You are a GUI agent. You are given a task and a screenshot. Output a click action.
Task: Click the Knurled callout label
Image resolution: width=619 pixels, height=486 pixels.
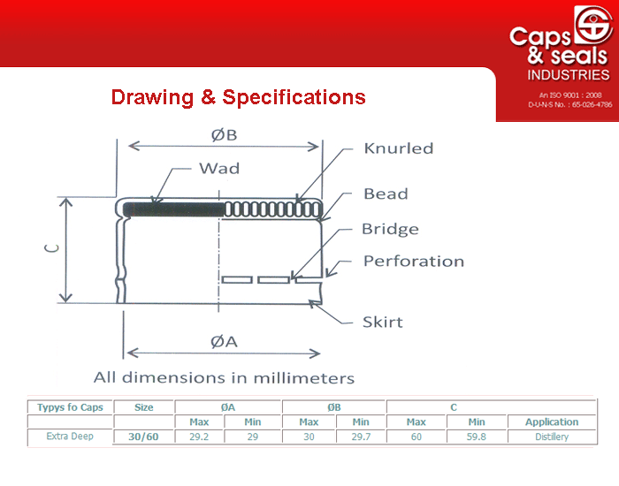click(x=398, y=148)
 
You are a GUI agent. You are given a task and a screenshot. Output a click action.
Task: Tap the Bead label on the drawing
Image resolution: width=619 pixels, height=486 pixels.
click(x=386, y=194)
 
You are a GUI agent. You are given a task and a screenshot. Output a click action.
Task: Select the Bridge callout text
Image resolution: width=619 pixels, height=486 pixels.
click(x=390, y=229)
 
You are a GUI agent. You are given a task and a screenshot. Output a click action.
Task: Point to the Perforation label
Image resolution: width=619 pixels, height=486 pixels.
click(x=413, y=262)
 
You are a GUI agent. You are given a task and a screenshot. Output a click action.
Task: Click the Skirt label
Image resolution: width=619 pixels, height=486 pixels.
click(x=383, y=322)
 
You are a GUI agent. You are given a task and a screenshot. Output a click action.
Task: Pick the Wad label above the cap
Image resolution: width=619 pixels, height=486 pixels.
click(x=219, y=169)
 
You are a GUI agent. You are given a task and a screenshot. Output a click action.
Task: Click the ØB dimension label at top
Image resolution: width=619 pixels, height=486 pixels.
click(x=224, y=135)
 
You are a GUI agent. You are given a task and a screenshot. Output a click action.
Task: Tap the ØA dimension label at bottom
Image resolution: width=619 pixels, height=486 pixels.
click(x=224, y=341)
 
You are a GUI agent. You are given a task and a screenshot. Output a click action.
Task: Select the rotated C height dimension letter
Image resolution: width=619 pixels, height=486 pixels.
click(x=51, y=248)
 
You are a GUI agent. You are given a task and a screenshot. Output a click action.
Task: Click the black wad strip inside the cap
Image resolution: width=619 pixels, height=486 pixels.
click(x=173, y=209)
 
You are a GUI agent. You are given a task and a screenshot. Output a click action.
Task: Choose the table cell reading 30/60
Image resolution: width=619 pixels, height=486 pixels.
click(x=143, y=437)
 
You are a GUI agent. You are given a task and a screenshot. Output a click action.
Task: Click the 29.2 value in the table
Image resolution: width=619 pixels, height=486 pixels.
click(x=199, y=437)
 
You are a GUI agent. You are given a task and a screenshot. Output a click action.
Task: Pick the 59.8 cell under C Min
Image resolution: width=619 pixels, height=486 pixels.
click(x=476, y=437)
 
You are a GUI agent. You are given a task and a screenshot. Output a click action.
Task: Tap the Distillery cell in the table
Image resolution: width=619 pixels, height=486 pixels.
click(x=552, y=437)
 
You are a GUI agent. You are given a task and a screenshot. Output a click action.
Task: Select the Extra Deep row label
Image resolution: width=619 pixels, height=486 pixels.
click(x=70, y=436)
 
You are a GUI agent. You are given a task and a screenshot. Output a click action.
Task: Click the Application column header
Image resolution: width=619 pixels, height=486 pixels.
click(x=552, y=421)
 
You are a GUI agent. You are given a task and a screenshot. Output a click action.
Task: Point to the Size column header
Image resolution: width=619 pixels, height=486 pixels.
click(x=143, y=407)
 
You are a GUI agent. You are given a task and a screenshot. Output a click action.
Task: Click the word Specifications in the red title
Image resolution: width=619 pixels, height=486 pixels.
click(x=294, y=97)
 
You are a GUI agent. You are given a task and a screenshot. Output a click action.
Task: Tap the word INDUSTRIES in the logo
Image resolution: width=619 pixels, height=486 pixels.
click(x=569, y=75)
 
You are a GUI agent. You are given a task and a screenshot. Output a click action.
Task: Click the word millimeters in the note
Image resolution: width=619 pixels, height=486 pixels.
click(x=303, y=378)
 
